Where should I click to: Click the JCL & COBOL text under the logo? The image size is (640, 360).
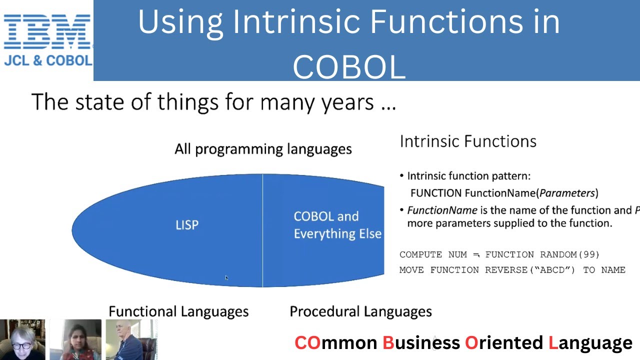(x=48, y=60)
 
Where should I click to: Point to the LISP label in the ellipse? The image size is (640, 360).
(x=187, y=225)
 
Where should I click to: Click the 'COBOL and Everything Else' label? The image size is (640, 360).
(x=337, y=225)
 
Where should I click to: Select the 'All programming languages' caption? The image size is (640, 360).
(x=263, y=149)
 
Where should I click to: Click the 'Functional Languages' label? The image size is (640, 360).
(x=178, y=311)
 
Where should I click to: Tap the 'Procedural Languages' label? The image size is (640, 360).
(x=360, y=311)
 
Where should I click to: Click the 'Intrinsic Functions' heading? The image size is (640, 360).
(x=468, y=141)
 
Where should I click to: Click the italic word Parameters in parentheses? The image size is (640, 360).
(x=567, y=193)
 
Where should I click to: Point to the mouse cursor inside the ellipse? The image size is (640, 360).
(x=226, y=277)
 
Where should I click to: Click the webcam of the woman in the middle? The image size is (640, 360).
(x=75, y=340)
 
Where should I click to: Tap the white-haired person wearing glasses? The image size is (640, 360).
(x=22, y=340)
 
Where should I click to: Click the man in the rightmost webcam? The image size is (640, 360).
(x=130, y=340)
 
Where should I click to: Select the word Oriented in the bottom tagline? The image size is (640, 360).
(x=504, y=343)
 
